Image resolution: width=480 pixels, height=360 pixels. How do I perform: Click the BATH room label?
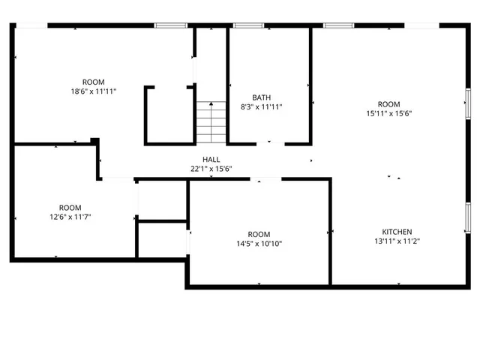(261, 97)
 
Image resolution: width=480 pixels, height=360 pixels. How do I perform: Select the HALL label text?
(211, 160)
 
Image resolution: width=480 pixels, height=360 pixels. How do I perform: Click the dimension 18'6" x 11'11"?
(94, 91)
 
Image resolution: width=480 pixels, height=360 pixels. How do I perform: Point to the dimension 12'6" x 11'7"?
(70, 217)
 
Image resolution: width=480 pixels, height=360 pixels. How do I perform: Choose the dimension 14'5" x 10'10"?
(259, 243)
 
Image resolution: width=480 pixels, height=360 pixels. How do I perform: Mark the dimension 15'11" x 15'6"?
(388, 113)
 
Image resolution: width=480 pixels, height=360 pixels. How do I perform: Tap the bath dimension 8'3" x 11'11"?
(261, 106)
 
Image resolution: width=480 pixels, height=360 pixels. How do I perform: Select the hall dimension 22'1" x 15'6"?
(211, 169)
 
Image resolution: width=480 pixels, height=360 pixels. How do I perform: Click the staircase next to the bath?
(211, 122)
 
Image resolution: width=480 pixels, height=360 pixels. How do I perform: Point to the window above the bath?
(248, 26)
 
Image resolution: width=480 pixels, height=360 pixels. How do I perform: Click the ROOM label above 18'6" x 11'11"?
(94, 82)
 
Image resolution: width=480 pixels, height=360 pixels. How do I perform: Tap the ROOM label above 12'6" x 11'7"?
(70, 208)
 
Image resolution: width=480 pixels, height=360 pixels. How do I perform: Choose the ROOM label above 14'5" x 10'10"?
(259, 234)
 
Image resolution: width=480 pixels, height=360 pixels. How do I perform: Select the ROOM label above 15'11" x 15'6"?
(388, 104)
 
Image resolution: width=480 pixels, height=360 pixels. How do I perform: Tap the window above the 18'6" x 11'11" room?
(170, 26)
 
